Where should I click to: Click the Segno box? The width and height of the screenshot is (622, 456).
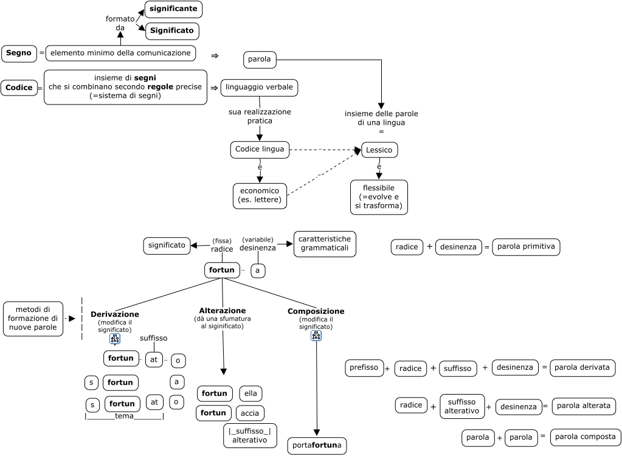pos(19,54)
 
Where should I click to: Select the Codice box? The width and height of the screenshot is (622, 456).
pos(19,88)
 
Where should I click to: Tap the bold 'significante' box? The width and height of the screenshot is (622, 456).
pos(173,9)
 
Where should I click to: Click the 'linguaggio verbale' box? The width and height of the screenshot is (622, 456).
pos(259,88)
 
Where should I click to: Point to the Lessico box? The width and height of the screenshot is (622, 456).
pos(379,150)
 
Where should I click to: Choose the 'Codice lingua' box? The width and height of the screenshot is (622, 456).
pos(260,150)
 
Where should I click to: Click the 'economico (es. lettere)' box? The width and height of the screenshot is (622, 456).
pos(260,196)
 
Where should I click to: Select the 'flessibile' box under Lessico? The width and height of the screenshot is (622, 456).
pos(379,197)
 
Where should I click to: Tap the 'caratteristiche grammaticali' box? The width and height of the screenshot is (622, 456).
pos(325,244)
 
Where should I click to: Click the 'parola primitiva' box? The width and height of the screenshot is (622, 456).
pos(526,247)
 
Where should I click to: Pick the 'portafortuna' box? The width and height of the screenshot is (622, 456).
pos(317,446)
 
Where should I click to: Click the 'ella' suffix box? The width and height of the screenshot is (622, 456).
pos(251,394)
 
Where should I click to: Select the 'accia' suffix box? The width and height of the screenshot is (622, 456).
pos(250,413)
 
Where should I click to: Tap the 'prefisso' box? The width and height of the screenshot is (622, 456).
pos(364,368)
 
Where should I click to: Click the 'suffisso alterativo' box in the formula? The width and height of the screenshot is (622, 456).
pos(462,406)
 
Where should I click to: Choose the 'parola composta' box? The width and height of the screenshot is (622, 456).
pos(586,437)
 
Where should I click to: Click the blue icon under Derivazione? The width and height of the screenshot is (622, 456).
pos(115,339)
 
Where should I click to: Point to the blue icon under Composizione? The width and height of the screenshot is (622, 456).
pos(316,336)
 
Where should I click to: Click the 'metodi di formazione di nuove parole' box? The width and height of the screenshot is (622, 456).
pos(33,319)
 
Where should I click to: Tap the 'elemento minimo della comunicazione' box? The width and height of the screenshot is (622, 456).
pos(120,54)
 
